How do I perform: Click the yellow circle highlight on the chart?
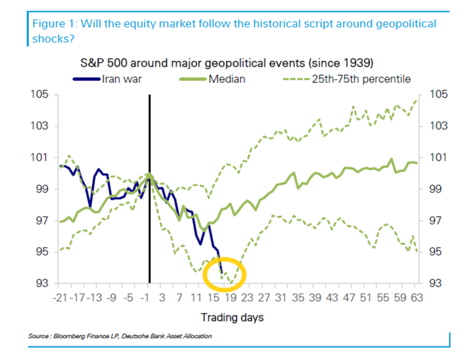(x=225, y=275)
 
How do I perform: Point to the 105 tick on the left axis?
(x=40, y=95)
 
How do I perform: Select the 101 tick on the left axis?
(x=40, y=157)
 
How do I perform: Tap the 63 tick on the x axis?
(x=415, y=297)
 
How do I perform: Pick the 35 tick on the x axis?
(x=297, y=297)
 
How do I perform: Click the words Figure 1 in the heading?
(x=56, y=24)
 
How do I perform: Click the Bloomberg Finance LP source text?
(x=91, y=336)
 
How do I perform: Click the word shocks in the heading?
(x=48, y=39)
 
